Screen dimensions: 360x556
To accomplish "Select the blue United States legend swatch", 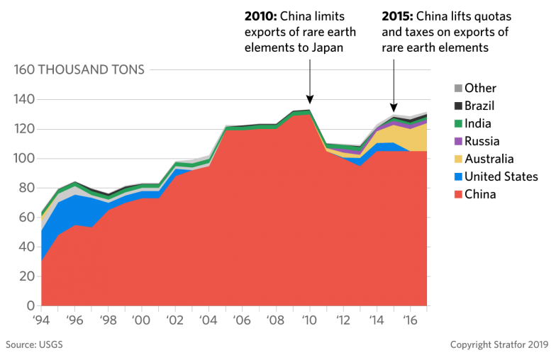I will click(458, 176).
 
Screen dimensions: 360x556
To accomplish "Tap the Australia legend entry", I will click(489, 159).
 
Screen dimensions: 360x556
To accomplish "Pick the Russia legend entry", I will click(482, 141).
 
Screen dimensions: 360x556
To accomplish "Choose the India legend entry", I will click(479, 123).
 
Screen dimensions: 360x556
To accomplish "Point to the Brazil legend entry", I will click(479, 106).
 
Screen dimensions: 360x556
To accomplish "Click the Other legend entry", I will click(480, 88).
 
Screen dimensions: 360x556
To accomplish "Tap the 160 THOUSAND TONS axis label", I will click(79, 69).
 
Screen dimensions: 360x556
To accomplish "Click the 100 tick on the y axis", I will click(24, 159).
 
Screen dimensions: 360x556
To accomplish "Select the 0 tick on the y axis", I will click(30, 305).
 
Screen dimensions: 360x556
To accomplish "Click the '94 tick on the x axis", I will click(43, 320).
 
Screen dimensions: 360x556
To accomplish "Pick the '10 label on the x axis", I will click(308, 320).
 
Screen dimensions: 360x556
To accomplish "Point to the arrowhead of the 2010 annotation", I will click(309, 101).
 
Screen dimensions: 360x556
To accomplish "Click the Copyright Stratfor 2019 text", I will click(499, 345).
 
